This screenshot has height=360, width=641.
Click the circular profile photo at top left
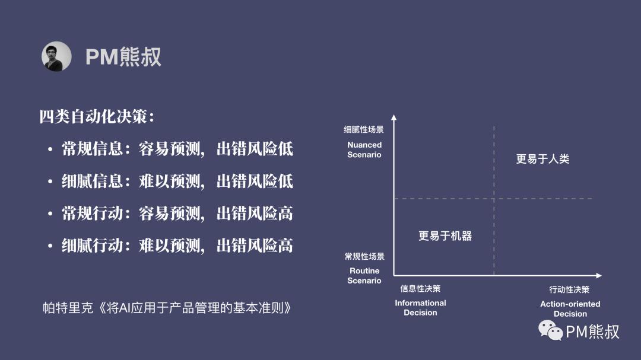[x=56, y=56]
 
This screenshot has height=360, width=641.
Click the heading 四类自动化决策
[x=97, y=116]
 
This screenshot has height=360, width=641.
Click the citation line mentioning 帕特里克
[x=167, y=308]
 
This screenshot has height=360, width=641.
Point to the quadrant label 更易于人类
[x=542, y=158]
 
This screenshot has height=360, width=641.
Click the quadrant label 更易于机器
[x=445, y=236]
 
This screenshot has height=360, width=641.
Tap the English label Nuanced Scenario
[x=364, y=149]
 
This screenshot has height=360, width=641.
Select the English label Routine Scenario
[x=364, y=275]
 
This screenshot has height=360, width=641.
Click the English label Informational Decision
[x=420, y=308]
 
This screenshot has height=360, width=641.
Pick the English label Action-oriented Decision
[x=570, y=308]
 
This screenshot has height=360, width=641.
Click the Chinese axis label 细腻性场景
[x=364, y=129]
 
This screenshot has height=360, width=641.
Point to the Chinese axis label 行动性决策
[x=569, y=289]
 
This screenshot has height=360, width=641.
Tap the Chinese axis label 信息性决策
[x=420, y=288]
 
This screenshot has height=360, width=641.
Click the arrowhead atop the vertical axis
[x=394, y=117]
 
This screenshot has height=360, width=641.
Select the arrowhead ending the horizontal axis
[x=599, y=275]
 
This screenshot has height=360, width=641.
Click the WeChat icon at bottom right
[x=551, y=330]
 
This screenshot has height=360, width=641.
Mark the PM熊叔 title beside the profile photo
[x=123, y=56]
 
